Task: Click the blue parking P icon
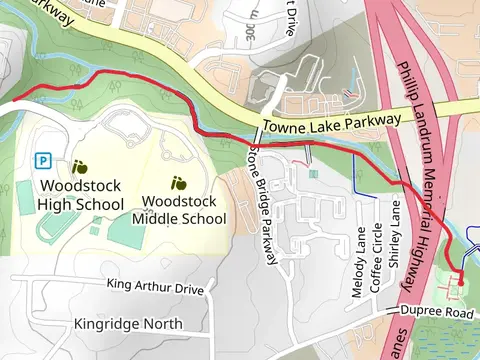[x=43, y=160]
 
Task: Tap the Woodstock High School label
[x=80, y=195]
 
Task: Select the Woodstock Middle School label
[x=179, y=209]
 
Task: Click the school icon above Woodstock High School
[x=79, y=166]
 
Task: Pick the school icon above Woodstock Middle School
[x=179, y=182]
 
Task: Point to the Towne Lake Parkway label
[x=331, y=123]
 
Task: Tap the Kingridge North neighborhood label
[x=128, y=324]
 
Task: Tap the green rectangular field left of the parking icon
[x=25, y=197]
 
